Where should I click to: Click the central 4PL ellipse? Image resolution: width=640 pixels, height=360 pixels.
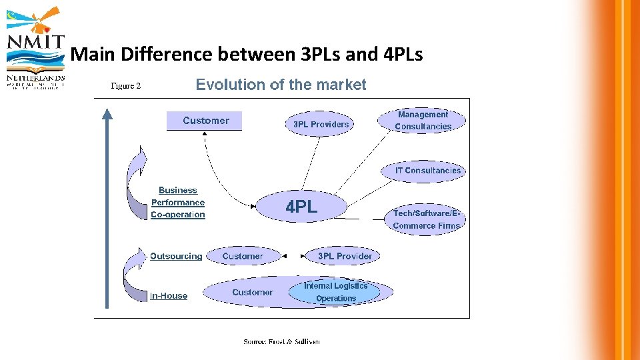[x=302, y=207]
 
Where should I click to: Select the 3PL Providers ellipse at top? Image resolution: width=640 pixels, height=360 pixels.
[x=321, y=124]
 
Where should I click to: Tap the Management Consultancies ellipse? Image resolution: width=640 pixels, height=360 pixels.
[x=423, y=121]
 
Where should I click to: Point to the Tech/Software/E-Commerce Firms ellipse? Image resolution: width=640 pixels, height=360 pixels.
[x=426, y=219]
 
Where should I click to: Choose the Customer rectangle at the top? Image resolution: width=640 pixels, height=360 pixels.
[x=205, y=121]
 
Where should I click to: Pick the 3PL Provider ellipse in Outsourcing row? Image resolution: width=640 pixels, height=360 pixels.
[x=344, y=256]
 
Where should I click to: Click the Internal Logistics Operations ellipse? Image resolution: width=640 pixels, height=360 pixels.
[x=336, y=292]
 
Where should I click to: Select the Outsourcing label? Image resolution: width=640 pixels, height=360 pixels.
[x=176, y=256]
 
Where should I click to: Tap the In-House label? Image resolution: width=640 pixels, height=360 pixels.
[x=169, y=295]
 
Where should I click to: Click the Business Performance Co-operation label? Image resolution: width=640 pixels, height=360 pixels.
[x=178, y=203]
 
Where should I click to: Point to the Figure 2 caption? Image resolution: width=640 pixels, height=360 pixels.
[x=125, y=86]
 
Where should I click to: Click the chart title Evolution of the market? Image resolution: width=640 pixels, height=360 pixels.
[x=281, y=85]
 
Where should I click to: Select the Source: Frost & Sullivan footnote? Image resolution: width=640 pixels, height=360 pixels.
[x=281, y=342]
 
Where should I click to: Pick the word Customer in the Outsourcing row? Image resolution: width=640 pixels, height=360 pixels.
[x=243, y=256]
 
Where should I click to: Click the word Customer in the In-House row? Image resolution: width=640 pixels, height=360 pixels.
[x=252, y=292]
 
